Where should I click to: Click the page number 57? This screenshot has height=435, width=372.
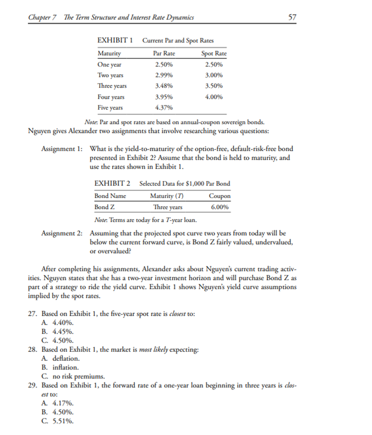click(x=292, y=17)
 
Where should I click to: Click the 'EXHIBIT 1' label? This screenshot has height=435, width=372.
click(x=115, y=40)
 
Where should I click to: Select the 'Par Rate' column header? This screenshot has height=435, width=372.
click(x=164, y=53)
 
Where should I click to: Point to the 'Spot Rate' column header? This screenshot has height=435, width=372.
click(x=214, y=53)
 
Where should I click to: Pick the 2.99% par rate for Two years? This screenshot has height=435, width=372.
click(x=164, y=75)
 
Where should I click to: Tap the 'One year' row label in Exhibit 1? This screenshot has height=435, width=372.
click(x=109, y=65)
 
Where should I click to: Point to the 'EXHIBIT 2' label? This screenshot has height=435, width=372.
click(x=112, y=184)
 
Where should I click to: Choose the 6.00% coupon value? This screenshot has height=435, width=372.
click(x=219, y=207)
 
